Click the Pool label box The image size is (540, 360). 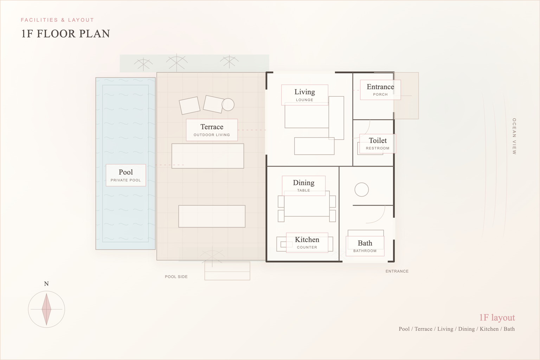click(x=126, y=175)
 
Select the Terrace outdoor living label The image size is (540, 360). click(x=212, y=130)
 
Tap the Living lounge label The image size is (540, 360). click(x=304, y=95)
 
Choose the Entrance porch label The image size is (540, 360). click(x=380, y=90)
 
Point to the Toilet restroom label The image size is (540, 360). click(x=378, y=143)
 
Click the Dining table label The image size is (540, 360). click(x=303, y=186)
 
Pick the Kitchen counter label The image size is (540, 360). click(x=307, y=243)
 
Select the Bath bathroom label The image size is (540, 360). click(x=365, y=246)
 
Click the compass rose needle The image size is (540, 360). click(x=46, y=309)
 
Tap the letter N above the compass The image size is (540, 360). click(x=46, y=284)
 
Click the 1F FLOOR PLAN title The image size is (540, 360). click(x=66, y=34)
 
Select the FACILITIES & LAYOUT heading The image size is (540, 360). click(x=57, y=20)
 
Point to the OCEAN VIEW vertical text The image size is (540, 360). click(x=514, y=136)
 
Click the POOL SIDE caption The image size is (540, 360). click(x=176, y=277)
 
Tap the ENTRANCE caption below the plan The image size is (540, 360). click(x=397, y=271)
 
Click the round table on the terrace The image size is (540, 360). click(x=228, y=104)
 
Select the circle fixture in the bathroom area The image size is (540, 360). click(x=361, y=190)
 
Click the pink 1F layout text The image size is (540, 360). click(x=497, y=317)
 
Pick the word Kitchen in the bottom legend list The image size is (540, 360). click(x=489, y=329)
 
